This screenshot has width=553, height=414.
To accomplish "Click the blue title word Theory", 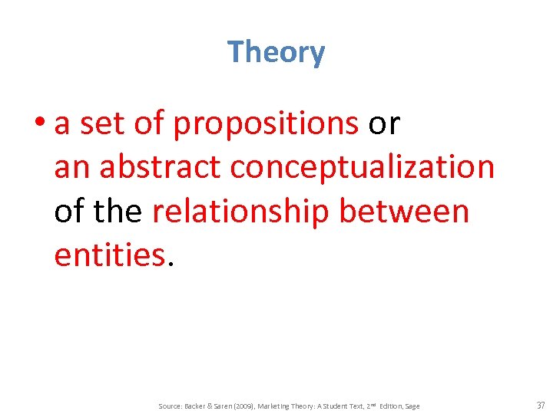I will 276,52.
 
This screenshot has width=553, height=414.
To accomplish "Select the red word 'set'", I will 100,123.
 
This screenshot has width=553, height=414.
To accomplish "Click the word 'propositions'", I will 266,123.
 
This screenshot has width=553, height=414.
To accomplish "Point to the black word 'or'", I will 384,123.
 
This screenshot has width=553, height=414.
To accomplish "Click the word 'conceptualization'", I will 363,167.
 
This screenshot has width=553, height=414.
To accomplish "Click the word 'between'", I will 404,212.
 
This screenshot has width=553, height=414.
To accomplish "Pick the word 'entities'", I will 109,255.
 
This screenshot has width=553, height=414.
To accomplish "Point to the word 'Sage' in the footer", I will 412,406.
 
